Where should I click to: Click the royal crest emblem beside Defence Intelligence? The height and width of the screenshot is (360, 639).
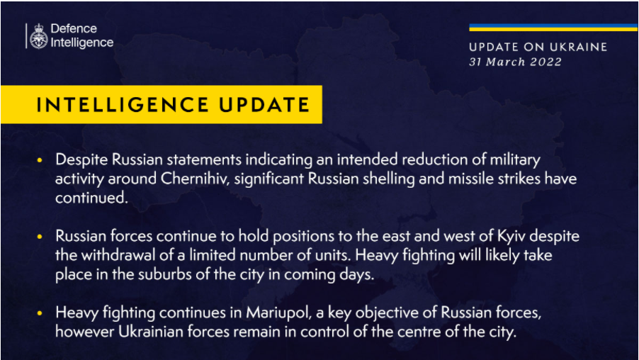tap(39, 36)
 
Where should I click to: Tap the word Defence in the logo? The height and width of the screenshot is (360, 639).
tap(74, 28)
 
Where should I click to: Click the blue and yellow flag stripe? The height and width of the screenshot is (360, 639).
tap(553, 28)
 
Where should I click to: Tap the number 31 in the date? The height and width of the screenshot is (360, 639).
tap(475, 62)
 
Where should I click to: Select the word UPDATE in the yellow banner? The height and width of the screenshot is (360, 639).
tap(264, 105)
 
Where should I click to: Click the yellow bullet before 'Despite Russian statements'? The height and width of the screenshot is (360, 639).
tap(40, 160)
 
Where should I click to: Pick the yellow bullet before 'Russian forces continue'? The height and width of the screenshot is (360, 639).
tap(40, 237)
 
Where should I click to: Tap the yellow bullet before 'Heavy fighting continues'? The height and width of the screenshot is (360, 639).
tap(40, 313)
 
